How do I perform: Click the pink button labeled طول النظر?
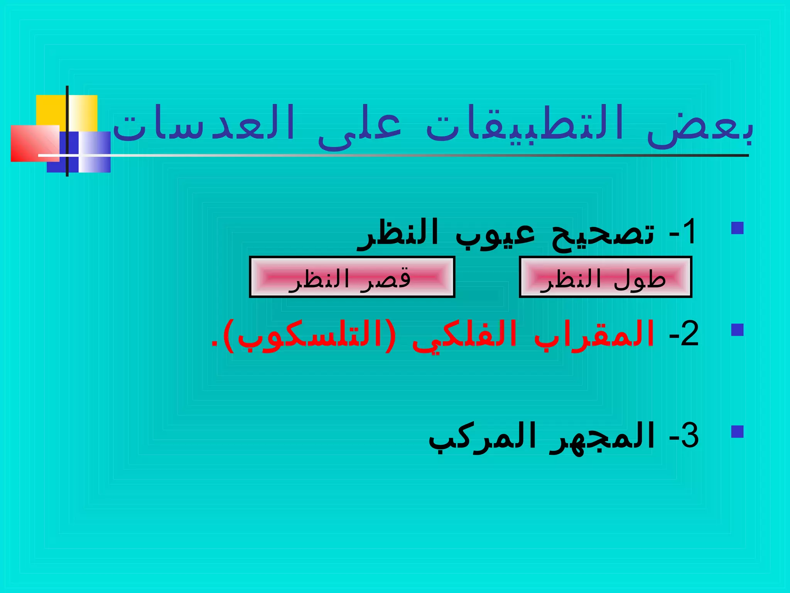pyautogui.click(x=605, y=277)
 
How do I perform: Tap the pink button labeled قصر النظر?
pyautogui.click(x=352, y=277)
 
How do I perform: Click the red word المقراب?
pyautogui.click(x=594, y=334)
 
